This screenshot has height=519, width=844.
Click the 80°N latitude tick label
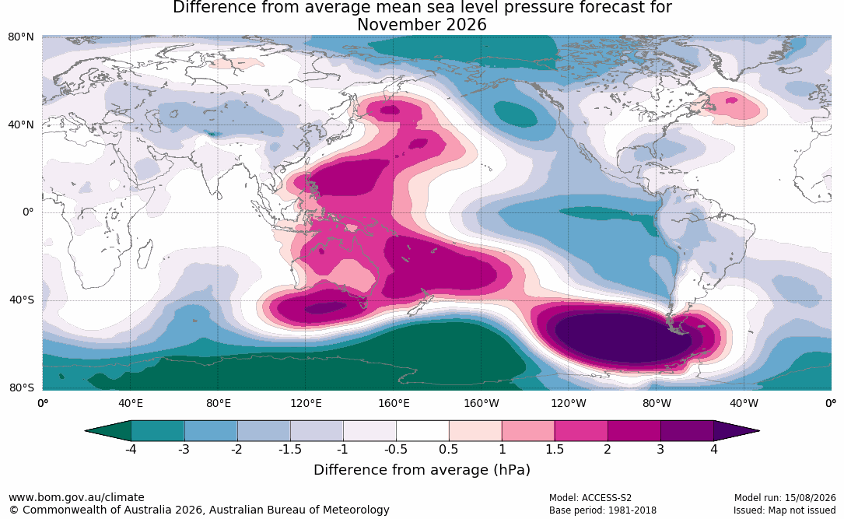click(x=20, y=37)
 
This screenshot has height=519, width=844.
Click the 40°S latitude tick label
click(x=22, y=300)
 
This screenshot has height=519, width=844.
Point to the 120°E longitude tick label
click(x=306, y=403)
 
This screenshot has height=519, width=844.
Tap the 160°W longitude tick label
click(x=482, y=403)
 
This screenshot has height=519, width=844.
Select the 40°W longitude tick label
click(x=744, y=403)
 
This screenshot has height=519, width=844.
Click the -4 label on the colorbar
click(x=131, y=449)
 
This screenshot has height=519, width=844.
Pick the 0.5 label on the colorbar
click(x=448, y=449)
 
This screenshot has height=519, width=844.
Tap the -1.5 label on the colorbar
click(x=290, y=449)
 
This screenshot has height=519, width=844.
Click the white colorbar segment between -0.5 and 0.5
click(x=422, y=431)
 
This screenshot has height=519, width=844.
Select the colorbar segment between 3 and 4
click(x=688, y=431)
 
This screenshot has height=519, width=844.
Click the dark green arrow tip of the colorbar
click(x=86, y=431)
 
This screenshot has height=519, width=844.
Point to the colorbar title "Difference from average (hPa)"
click(x=422, y=469)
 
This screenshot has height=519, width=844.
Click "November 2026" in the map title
click(x=422, y=25)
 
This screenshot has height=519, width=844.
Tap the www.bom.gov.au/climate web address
click(x=76, y=497)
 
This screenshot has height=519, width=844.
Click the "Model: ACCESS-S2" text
click(x=590, y=497)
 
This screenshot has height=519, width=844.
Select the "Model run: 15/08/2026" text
click(x=785, y=497)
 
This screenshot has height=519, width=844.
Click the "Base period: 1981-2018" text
click(x=603, y=510)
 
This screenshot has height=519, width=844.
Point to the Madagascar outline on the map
click(x=144, y=254)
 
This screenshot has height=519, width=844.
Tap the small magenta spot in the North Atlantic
click(x=731, y=100)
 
